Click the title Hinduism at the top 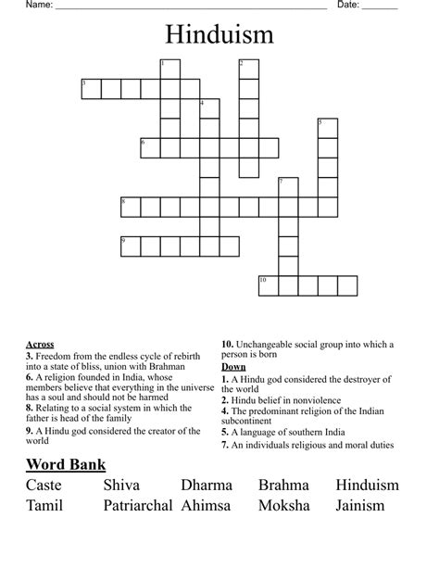tap(219, 35)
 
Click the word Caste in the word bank tap(44, 485)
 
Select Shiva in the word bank tap(121, 485)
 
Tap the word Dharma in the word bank tap(207, 485)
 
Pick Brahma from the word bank tap(283, 485)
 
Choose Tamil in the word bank tap(44, 506)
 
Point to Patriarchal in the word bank tap(138, 506)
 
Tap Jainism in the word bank tap(367, 506)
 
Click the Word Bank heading tap(66, 464)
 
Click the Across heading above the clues tap(40, 345)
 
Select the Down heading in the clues tap(233, 367)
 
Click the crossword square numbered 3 tap(90, 89)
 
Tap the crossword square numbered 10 tap(268, 284)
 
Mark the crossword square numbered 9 tap(130, 246)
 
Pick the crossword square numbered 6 tap(149, 147)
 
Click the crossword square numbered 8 tap(130, 207)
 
